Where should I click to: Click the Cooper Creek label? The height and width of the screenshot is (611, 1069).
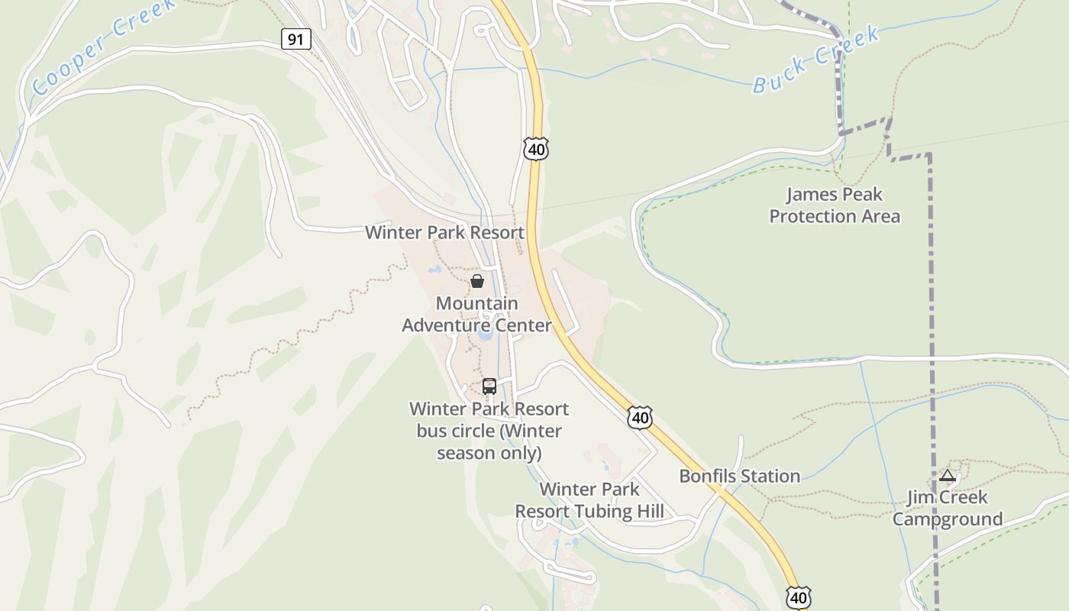(103, 47)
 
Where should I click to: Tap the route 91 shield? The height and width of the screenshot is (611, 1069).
(296, 38)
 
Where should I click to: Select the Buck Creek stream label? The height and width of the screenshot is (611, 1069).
(816, 60)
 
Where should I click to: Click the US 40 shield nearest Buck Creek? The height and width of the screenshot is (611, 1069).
(536, 149)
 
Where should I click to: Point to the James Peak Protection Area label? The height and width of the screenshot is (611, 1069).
(834, 205)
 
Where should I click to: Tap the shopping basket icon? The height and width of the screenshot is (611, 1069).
(477, 281)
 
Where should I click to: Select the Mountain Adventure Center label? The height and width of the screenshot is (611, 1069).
(476, 314)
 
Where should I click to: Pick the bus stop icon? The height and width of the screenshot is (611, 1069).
(489, 386)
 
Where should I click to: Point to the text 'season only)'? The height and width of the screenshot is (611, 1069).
(489, 453)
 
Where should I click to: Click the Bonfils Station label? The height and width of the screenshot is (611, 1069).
(739, 476)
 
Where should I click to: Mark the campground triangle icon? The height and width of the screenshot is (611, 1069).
(948, 475)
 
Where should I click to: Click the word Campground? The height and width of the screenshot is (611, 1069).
(948, 519)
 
